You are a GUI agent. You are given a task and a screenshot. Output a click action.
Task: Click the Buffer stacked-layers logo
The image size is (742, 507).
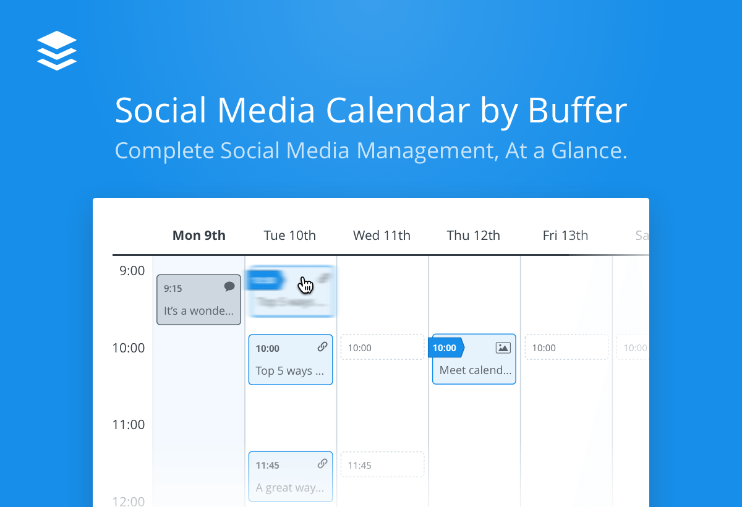[x=56, y=50]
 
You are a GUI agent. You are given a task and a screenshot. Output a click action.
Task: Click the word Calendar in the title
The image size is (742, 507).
[x=398, y=111]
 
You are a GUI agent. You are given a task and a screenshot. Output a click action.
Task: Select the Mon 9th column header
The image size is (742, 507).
[x=198, y=236]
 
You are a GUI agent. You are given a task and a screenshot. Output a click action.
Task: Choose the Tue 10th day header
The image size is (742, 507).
[x=289, y=236]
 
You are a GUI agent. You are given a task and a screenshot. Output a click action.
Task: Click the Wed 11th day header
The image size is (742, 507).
[x=382, y=236]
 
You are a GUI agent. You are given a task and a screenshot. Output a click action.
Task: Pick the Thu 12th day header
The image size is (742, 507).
[x=473, y=236]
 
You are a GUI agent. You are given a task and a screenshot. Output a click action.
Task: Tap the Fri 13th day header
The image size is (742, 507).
[x=565, y=236]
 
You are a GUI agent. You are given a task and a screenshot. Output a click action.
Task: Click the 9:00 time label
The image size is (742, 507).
[x=132, y=271]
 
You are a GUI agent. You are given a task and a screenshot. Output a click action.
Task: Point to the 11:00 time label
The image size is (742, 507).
[x=129, y=425]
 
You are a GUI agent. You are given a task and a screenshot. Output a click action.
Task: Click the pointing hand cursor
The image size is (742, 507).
[x=305, y=284]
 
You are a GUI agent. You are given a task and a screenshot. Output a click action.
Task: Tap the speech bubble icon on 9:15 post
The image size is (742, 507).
[x=229, y=286]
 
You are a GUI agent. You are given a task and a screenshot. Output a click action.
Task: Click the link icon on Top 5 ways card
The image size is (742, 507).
[x=322, y=347]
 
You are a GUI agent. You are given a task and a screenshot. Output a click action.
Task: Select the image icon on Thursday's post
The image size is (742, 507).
[x=503, y=347]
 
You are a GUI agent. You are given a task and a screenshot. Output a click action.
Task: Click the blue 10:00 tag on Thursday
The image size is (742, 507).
[x=445, y=347]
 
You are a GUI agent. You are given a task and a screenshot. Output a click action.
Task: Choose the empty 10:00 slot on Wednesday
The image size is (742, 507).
[x=382, y=347]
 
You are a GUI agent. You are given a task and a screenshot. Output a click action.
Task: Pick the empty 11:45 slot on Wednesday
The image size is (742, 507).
[x=382, y=465]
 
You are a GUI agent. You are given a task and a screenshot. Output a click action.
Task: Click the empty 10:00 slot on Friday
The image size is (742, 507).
[x=566, y=347]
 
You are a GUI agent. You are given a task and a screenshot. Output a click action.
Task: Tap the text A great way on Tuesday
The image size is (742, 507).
[x=289, y=488]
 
